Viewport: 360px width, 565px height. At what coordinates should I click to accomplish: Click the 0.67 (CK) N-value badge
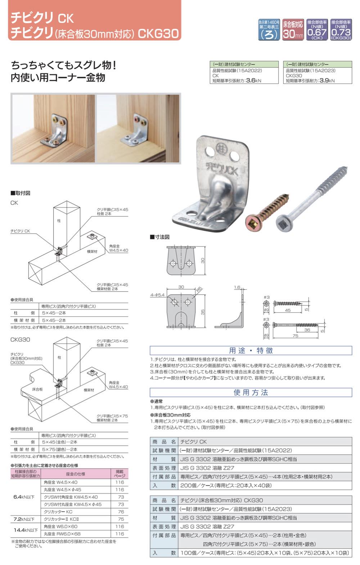pos(317,30)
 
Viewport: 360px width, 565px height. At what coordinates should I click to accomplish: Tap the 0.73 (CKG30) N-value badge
pos(341,30)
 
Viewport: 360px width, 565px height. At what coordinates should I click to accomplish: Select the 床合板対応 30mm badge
pos(293,30)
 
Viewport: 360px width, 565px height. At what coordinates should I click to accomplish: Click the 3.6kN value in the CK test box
pos(253,81)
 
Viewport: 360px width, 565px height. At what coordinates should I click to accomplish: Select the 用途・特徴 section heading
pos(251,351)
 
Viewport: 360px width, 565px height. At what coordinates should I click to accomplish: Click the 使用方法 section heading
pos(251,392)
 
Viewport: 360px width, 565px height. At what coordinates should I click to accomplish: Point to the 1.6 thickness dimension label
pos(237,288)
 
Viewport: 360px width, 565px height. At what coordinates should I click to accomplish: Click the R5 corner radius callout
pos(199,289)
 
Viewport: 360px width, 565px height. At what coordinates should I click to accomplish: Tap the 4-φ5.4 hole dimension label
pos(157,295)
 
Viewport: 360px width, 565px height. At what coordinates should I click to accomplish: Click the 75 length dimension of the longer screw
pos(295,336)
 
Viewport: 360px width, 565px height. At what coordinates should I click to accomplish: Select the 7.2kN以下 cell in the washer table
pos(24,519)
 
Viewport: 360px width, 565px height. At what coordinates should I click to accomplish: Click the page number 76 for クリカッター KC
pos(121,512)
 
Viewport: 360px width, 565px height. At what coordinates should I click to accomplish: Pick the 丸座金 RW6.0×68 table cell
pos(62,534)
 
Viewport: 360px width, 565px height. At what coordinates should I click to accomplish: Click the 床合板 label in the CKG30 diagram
pos(37,389)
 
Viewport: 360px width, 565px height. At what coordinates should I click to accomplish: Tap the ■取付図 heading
pos(21,193)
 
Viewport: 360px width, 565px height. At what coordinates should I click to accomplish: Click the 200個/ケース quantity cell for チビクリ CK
pos(226,485)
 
